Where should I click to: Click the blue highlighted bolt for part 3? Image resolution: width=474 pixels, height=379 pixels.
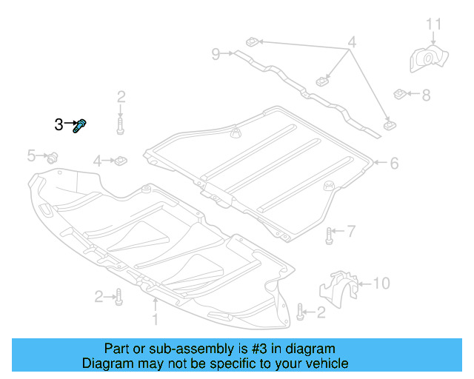(x=80, y=127)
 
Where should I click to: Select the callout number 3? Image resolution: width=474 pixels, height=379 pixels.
(x=59, y=125)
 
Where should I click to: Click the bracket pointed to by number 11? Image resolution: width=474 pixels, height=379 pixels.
(x=428, y=60)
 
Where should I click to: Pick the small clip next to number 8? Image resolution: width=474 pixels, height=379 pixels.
(x=400, y=94)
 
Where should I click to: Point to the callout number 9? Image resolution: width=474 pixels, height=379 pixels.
(x=216, y=53)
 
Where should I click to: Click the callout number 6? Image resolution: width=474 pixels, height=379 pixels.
(x=393, y=163)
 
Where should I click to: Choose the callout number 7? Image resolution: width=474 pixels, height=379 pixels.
(x=351, y=232)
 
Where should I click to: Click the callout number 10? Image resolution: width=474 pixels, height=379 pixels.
(x=380, y=282)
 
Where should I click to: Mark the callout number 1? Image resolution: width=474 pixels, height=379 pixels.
(x=156, y=320)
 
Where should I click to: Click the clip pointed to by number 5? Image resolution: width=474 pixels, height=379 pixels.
(x=53, y=156)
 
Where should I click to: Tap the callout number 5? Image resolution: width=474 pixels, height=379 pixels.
(x=31, y=155)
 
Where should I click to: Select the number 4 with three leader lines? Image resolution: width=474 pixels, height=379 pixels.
(x=352, y=43)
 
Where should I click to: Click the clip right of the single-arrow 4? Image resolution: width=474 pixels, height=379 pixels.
(x=120, y=160)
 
